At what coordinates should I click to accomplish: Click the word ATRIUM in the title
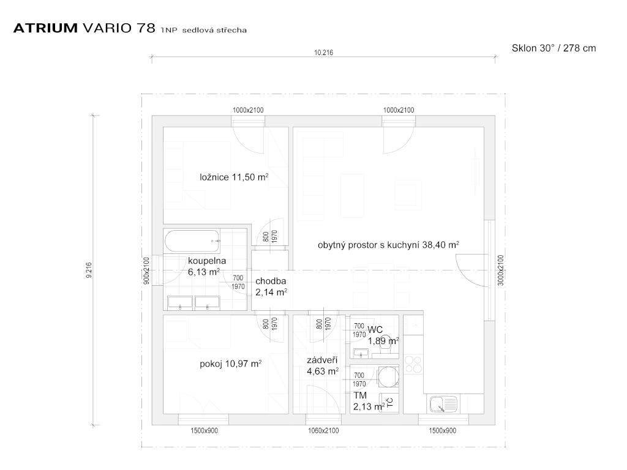pos(45,28)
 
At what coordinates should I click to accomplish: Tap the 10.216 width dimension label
pos(323,53)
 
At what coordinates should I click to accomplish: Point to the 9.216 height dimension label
pos(89,270)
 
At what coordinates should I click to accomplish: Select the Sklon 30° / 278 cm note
pos(554,48)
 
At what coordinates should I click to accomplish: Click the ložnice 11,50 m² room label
pos(234,177)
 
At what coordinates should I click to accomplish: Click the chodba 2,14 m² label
pos(271,286)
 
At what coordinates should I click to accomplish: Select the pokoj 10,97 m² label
pos(231,364)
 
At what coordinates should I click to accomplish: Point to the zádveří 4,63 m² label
pos(323,366)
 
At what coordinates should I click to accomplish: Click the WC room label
pos(375,330)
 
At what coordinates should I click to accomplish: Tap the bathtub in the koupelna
pos(192,241)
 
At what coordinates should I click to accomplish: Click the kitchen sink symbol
pos(443,404)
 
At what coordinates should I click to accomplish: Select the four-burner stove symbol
pos(413,365)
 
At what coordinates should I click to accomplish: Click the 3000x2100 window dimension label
pos(501,270)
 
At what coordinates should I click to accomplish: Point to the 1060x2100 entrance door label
pos(323,431)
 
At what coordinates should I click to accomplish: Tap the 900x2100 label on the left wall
pos(146,270)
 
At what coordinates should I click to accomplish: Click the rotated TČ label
pos(390,402)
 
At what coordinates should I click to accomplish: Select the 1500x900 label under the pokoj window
pos(204,431)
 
